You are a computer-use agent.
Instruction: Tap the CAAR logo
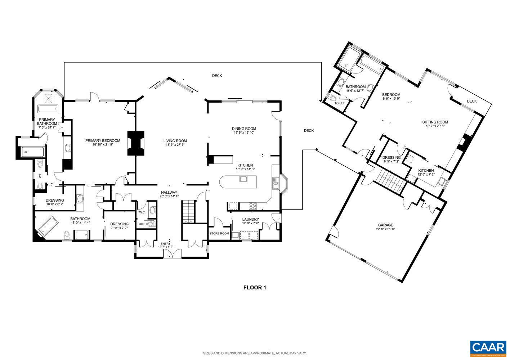[x=488, y=348]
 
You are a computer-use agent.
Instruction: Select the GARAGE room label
[x=385, y=225]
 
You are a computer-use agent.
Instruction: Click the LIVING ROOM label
[x=175, y=141]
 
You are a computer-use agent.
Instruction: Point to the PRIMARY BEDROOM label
[x=103, y=140]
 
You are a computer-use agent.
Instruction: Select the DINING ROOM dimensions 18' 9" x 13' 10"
[x=244, y=133]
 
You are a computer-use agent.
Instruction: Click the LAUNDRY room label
[x=251, y=219]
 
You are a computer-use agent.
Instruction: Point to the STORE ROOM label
[x=219, y=233]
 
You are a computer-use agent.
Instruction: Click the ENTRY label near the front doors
[x=165, y=244]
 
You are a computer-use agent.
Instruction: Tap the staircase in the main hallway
[x=189, y=212]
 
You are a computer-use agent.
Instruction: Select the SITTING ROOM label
[x=435, y=122]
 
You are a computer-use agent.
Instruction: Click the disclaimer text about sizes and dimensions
[x=255, y=353]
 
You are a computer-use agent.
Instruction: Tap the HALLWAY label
[x=169, y=192]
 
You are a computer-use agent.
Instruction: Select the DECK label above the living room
[x=217, y=76]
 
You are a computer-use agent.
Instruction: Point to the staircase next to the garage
[x=392, y=181]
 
